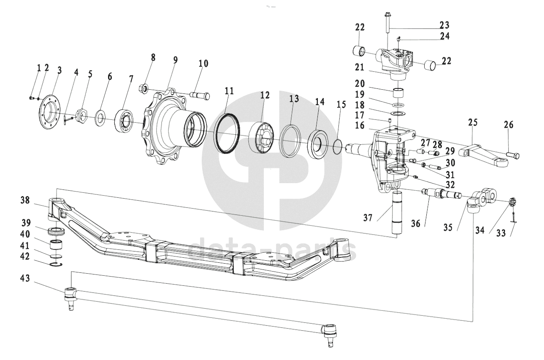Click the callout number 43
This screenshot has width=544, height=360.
coord(25,278)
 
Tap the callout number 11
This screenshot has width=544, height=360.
coord(229,91)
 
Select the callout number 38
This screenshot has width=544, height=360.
coord(25,201)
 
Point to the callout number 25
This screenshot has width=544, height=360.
coord(473,122)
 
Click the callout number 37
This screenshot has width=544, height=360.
coord(368,218)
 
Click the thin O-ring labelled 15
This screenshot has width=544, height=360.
coord(338,147)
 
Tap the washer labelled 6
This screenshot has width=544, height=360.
coord(100,118)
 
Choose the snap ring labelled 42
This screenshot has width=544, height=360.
coord(57,264)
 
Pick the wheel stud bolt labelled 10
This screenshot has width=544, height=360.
coord(200,95)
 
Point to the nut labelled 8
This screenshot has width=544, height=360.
coord(143,88)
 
